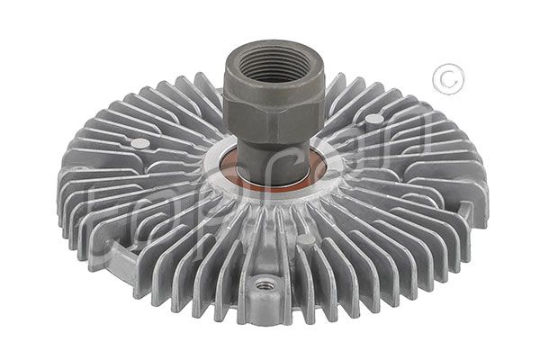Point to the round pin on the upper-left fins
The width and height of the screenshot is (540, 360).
click(138, 142)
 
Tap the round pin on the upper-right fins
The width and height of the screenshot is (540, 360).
click(372, 119)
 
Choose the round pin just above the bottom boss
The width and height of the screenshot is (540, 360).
click(306, 240)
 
